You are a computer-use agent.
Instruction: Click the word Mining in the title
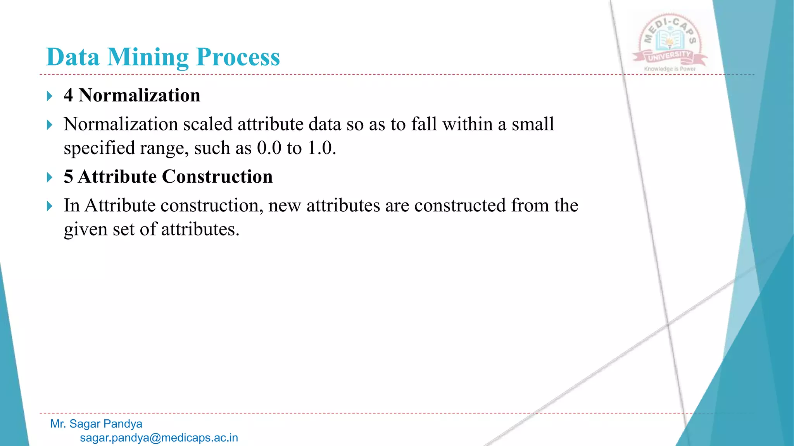(148, 57)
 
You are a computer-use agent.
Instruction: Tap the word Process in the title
(238, 57)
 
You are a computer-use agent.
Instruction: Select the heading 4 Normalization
(132, 95)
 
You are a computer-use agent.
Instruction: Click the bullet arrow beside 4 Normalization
(49, 96)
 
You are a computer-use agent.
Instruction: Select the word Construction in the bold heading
(217, 177)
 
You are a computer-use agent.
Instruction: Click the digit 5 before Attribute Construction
(69, 177)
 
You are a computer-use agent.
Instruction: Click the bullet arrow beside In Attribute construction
(49, 206)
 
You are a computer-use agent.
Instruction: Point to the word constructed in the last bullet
(460, 206)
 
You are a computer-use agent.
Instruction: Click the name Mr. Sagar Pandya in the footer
(96, 424)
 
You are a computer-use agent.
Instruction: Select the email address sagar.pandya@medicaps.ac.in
(159, 438)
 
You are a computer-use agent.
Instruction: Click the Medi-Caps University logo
(670, 41)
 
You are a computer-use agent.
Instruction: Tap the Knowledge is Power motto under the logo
(670, 69)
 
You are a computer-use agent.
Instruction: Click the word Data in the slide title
(73, 57)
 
